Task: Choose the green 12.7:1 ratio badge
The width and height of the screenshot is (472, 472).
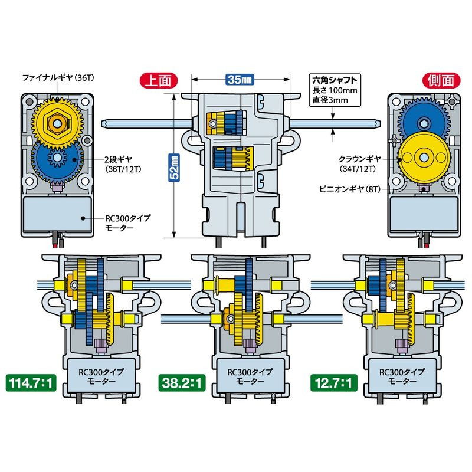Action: pos(331,385)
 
